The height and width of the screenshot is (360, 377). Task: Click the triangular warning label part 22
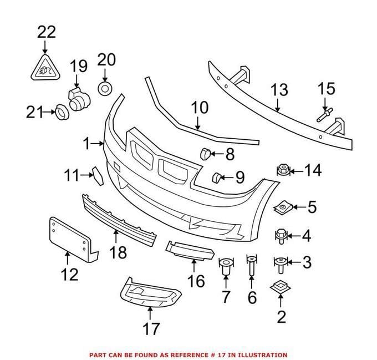coord(45,68)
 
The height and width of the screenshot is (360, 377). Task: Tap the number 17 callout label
coord(151,329)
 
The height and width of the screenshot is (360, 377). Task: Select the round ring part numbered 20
coord(105,89)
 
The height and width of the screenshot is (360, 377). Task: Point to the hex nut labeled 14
coord(283,170)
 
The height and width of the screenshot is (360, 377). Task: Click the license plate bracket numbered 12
coord(73,240)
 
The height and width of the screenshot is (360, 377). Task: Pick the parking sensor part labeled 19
coord(78,100)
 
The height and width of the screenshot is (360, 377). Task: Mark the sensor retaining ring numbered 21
coord(62,112)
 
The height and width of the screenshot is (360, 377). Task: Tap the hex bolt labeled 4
coord(281,236)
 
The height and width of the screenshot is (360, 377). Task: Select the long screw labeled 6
coord(252,266)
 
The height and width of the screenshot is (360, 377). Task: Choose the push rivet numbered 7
coord(226,266)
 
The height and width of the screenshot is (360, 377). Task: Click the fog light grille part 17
coord(150,293)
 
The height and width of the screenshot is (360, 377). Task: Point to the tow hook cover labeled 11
coord(98,176)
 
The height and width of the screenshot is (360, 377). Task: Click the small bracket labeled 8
coord(205,154)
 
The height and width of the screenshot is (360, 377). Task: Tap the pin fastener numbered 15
coord(325,115)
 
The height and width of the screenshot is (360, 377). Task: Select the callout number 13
coord(279,90)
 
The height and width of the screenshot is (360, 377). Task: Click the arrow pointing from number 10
coord(197,123)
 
